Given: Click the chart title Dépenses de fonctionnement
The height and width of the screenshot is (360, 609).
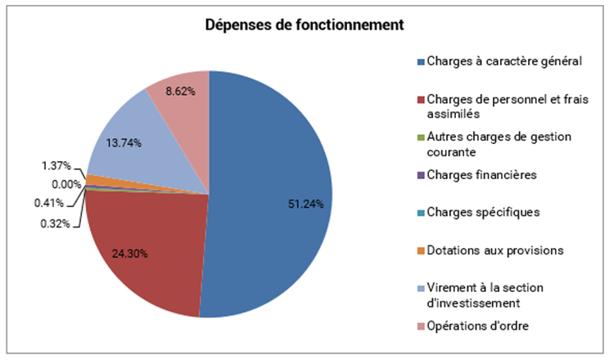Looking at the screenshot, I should (x=304, y=25).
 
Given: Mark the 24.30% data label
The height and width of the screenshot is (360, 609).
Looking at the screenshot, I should (x=129, y=253).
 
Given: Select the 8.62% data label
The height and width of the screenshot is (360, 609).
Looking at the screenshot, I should (x=180, y=91).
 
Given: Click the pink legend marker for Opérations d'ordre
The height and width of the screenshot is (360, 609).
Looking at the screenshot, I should (x=420, y=327).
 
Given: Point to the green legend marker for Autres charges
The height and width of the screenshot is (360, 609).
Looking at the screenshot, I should (x=420, y=137).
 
